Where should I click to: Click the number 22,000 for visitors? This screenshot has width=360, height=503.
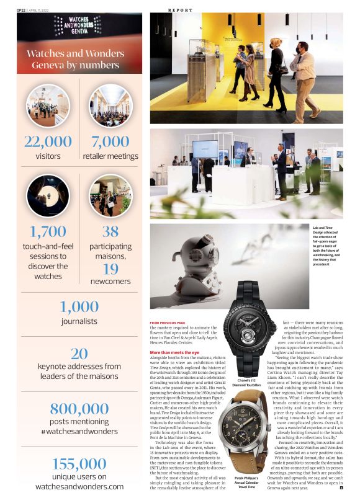pos(48,141)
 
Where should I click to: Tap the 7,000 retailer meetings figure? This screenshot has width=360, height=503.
pos(110,141)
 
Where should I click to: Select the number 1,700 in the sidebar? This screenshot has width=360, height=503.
pos(48,232)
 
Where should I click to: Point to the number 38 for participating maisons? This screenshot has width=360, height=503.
pos(110,232)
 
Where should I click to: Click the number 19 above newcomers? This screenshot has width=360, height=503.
pos(110,269)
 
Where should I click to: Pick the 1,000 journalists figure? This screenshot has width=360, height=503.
pos(79,306)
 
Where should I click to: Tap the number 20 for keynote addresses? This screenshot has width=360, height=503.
pos(79,353)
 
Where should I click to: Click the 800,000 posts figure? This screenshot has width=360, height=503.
pos(79,408)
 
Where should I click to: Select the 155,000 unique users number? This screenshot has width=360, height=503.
pos(79,463)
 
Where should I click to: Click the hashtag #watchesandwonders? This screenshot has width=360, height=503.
pos(79,430)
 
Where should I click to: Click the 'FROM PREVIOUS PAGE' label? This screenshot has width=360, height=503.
pos(168,323)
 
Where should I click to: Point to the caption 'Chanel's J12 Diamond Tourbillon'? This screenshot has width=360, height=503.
pos(246,382)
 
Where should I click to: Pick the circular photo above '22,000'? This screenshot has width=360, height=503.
pos(48,105)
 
